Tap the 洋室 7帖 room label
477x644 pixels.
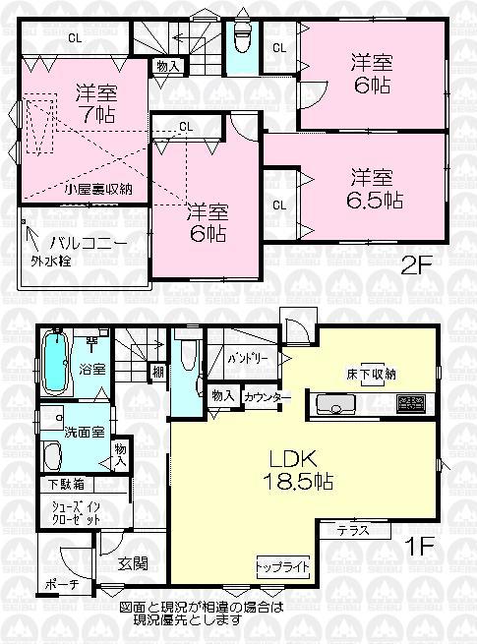95,105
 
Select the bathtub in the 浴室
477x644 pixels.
55,365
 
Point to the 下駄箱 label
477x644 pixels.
65,484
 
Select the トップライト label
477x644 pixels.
283,568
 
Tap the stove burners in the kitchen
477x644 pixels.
410,403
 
